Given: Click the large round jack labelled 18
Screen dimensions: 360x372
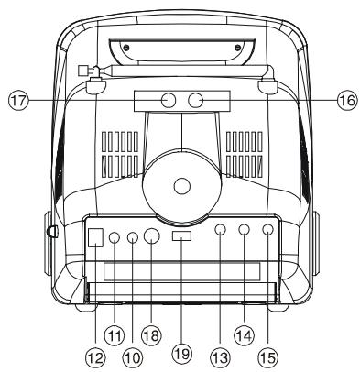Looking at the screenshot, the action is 151,236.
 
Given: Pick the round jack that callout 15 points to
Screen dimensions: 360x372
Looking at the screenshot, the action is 267,233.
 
